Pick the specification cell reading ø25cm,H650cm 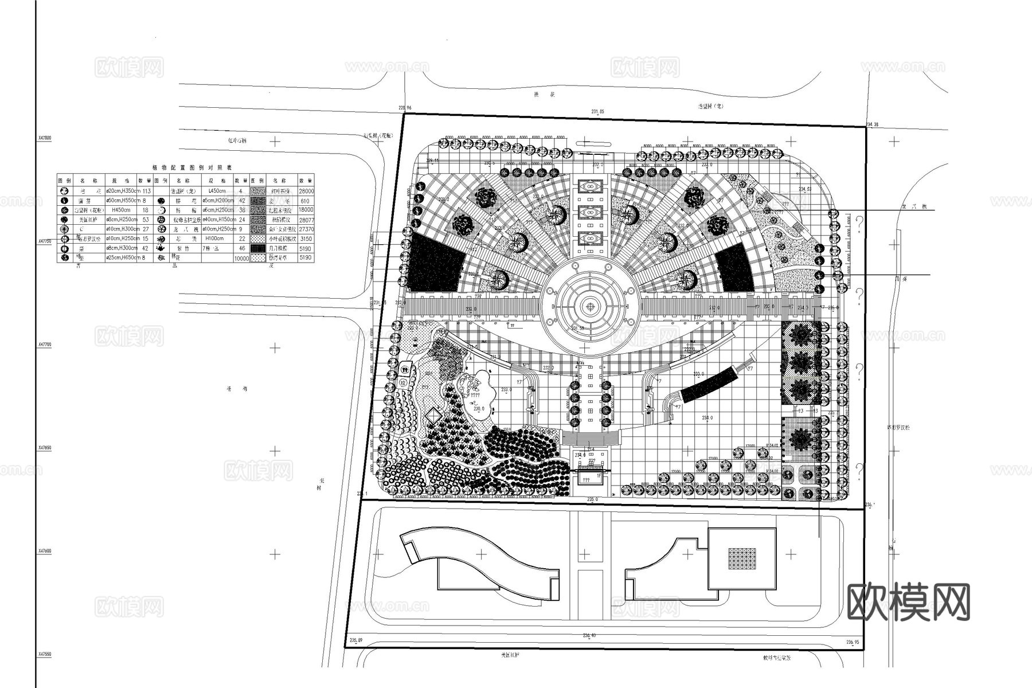[x=122, y=258]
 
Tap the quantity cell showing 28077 [x=306, y=220]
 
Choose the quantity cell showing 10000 [x=241, y=259]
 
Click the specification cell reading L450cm [x=217, y=191]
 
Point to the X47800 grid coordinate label [x=45, y=138]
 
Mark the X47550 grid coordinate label [x=45, y=654]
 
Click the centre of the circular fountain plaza [x=590, y=306]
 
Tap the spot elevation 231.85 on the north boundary [x=598, y=112]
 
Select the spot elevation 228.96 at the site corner [x=405, y=108]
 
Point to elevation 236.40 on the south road [x=589, y=635]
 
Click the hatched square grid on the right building [x=742, y=558]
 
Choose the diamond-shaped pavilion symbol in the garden [x=433, y=415]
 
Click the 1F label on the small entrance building [x=599, y=475]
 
